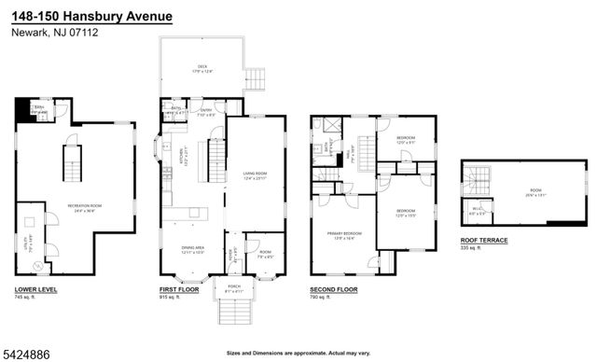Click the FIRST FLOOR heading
pos(177,291)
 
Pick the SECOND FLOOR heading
pos(334,291)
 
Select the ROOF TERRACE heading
pos(484,241)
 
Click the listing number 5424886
pos(26,353)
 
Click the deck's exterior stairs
pos(257,77)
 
